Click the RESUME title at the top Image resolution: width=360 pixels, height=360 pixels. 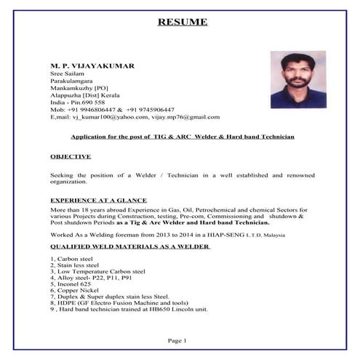coord(182,22)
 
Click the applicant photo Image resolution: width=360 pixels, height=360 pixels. coord(297,79)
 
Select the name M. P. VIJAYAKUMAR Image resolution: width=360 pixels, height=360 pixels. coord(92,65)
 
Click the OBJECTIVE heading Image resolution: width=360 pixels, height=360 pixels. coord(71,156)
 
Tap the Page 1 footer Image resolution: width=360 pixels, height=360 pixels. coord(177,340)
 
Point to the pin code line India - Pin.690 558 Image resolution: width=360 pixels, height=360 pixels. coord(78,102)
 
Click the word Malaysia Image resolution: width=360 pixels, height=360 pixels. coord(273,236)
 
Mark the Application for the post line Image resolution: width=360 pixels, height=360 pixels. coord(182,137)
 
